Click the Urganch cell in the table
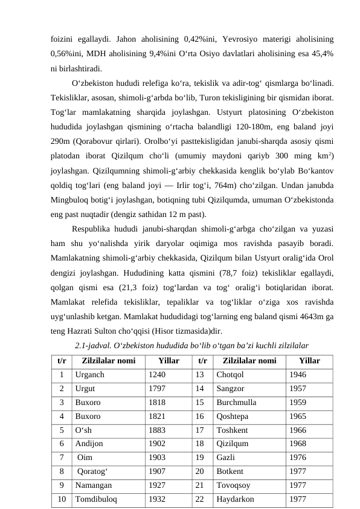click(x=90, y=374)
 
